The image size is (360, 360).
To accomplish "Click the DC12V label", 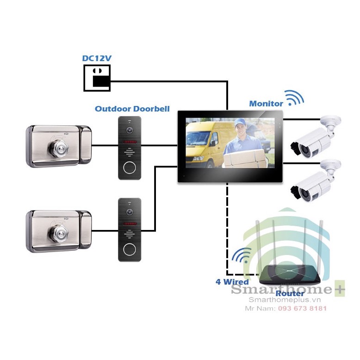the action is point(97,58).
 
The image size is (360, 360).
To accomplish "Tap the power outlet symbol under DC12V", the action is point(97,77).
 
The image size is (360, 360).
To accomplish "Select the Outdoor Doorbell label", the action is point(132,109).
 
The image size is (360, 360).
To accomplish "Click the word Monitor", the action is point(266,104).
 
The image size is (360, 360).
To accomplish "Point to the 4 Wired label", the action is point(232,281).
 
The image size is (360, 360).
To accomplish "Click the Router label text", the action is point(290,293).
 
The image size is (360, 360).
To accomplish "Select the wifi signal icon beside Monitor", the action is point(294,98).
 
